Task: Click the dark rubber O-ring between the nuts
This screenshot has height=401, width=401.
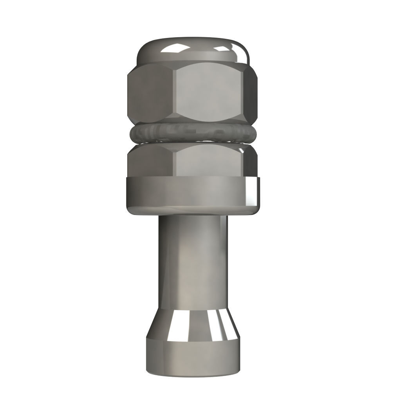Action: (x=192, y=134)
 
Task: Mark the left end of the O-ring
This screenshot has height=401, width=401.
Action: (x=132, y=134)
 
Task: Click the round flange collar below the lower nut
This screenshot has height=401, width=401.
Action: (x=188, y=194)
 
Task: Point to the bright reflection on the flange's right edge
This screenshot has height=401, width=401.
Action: (x=253, y=192)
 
